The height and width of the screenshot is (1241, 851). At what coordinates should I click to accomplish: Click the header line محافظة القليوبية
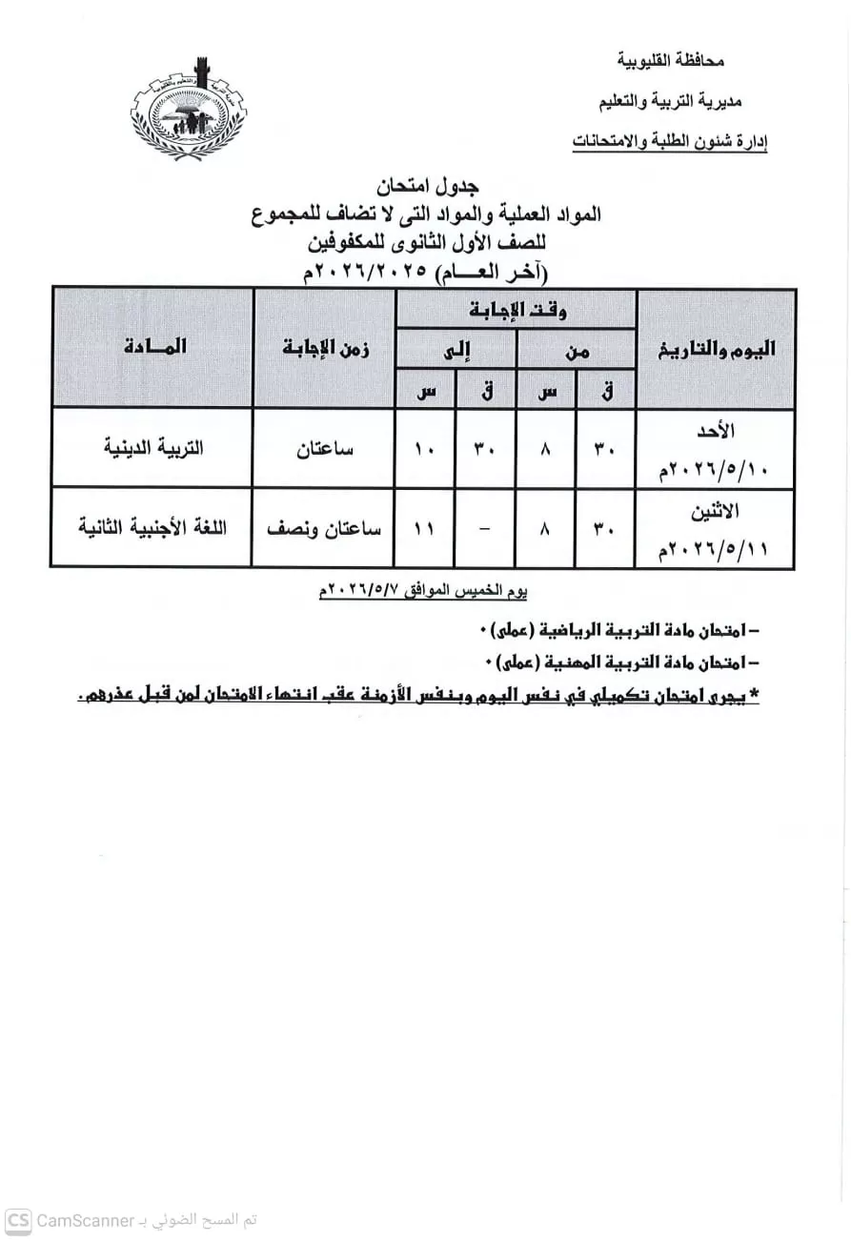[671, 61]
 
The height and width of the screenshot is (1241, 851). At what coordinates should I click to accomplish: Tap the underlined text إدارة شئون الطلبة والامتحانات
[670, 142]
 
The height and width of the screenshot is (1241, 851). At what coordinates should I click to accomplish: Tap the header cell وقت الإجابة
[517, 310]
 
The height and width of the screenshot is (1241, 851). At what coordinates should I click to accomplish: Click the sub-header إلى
[456, 351]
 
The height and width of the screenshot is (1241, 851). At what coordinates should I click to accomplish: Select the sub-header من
[577, 351]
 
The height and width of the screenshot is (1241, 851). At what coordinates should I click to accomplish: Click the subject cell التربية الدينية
[153, 448]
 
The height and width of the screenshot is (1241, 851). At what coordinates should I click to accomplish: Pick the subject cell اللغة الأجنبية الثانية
[152, 528]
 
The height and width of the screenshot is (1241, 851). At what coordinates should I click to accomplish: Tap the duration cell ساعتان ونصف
[324, 528]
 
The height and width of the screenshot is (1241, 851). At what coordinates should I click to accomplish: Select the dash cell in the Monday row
[485, 528]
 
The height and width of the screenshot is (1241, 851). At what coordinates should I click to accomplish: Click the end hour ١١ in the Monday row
[425, 528]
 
